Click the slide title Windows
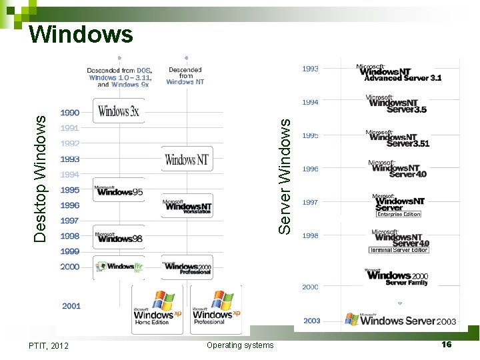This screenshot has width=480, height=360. tap(81, 34)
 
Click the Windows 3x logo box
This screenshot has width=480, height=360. tap(119, 111)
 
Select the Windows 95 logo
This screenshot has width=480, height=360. tap(119, 191)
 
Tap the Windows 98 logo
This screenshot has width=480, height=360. tap(119, 237)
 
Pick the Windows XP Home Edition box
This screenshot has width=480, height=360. tap(157, 309)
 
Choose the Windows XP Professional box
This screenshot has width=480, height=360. tap(215, 309)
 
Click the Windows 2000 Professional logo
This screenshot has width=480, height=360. tap(187, 267)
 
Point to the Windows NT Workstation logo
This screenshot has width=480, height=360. tap(187, 206)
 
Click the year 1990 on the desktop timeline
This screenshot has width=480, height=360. tap(70, 113)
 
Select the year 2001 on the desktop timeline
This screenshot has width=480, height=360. tap(71, 306)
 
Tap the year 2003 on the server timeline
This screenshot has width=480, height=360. tap(311, 321)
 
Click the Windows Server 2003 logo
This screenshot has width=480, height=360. tap(400, 320)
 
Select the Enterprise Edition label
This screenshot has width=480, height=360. tap(399, 214)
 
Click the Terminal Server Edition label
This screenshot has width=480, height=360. tap(399, 250)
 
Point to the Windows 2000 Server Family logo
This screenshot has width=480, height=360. tap(398, 277)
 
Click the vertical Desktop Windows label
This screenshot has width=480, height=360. tap(41, 179)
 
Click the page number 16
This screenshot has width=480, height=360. tap(446, 344)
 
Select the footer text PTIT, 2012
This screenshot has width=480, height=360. tap(49, 345)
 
